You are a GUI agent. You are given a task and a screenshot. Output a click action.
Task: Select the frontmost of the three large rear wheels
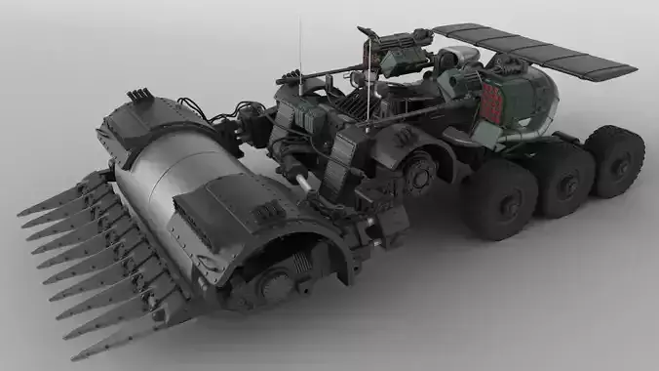point(502,199)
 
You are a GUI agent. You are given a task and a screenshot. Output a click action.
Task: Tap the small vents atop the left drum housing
point(139,95)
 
